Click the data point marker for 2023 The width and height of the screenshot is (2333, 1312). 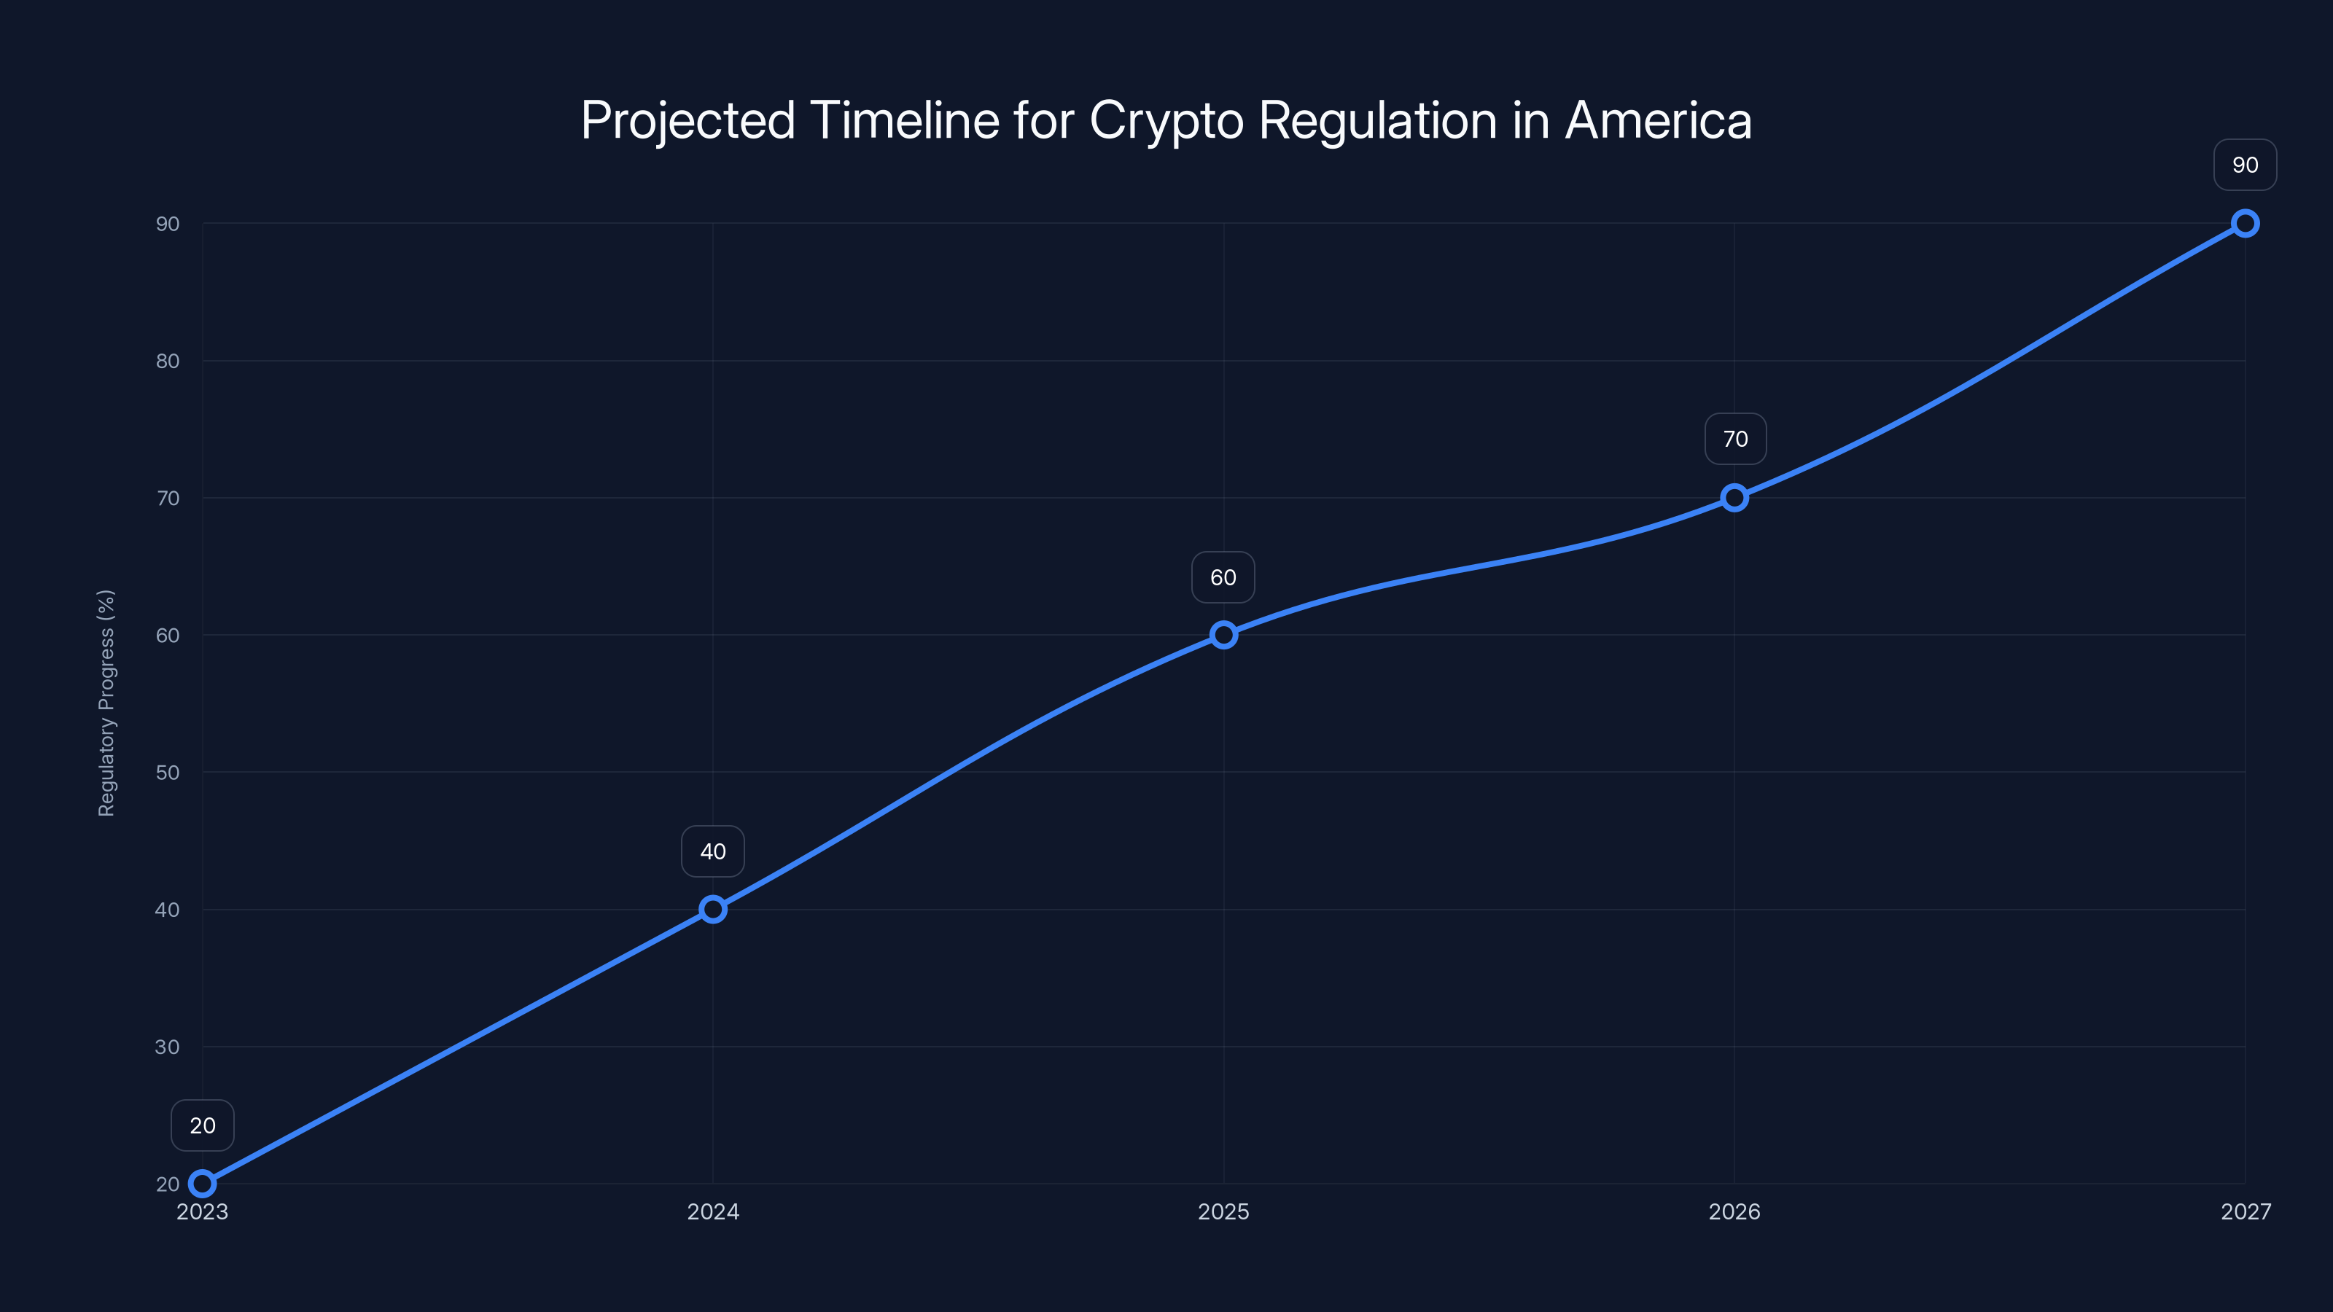[x=203, y=1184]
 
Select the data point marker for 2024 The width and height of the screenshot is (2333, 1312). [x=713, y=909]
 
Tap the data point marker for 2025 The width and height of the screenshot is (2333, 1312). [x=1223, y=635]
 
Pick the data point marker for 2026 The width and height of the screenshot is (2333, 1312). [x=1734, y=497]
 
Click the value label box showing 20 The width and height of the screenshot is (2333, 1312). [x=203, y=1125]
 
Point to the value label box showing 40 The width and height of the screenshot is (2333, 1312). [x=713, y=851]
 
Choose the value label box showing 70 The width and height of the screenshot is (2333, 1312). [x=1735, y=439]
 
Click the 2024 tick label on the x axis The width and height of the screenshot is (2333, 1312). [x=713, y=1211]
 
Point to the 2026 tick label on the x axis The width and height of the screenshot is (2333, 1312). [x=1734, y=1211]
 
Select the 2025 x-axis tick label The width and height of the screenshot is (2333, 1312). [x=1223, y=1211]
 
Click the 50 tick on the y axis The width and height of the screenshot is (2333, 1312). [x=168, y=773]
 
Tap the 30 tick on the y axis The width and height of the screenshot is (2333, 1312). [x=168, y=1047]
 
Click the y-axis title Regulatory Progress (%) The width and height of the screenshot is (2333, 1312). [x=107, y=703]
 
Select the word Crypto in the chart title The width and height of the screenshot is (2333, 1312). [x=1166, y=121]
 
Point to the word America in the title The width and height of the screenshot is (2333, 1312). [x=1659, y=120]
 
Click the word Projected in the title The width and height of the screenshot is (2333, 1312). [x=688, y=121]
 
